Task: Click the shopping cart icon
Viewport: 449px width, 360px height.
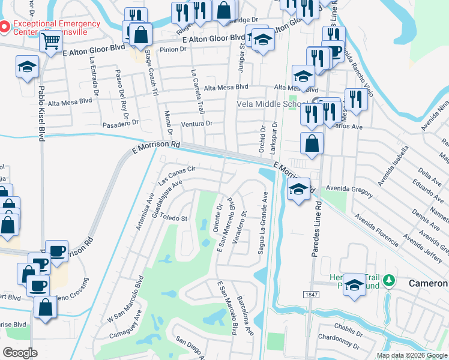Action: (51, 41)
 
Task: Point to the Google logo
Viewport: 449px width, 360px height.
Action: (20, 353)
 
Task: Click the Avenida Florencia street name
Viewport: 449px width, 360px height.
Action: (376, 230)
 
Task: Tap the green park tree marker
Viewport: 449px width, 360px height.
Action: (389, 280)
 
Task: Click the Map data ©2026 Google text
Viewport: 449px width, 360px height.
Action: (411, 355)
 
